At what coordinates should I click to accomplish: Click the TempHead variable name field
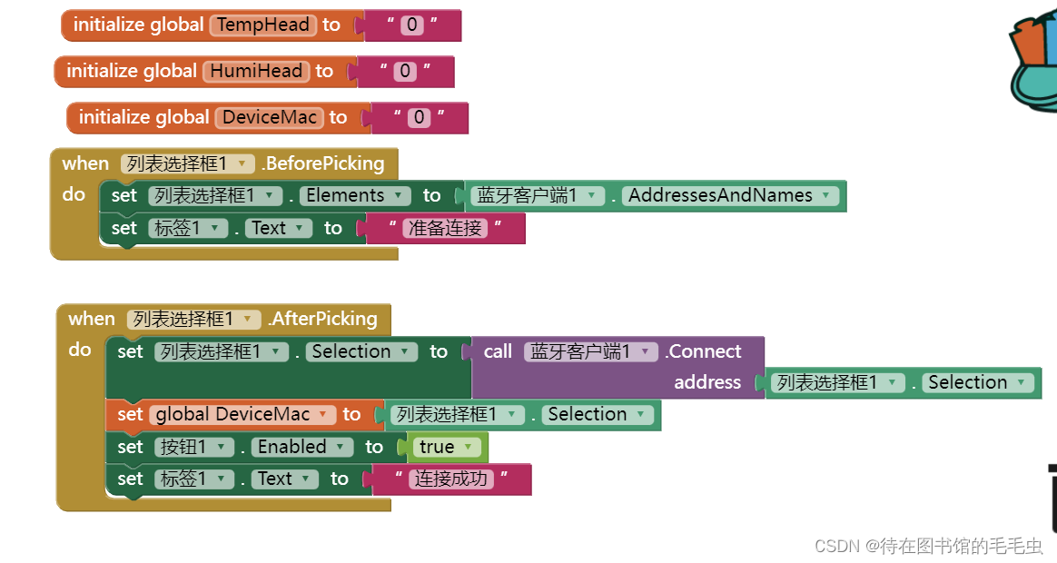(x=263, y=25)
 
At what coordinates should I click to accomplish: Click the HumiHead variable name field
(x=257, y=71)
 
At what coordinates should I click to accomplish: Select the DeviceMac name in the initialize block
(x=270, y=117)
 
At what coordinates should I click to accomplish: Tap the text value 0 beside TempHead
(x=413, y=25)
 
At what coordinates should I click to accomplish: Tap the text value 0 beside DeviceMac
(x=419, y=117)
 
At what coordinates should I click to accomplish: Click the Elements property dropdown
(x=344, y=195)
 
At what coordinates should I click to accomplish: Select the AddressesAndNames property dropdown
(x=730, y=195)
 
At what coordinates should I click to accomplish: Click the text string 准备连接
(x=445, y=228)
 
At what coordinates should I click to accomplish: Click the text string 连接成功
(x=451, y=479)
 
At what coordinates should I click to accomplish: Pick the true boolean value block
(x=444, y=447)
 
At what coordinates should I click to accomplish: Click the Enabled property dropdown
(x=302, y=447)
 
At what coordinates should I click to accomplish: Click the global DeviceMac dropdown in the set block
(x=242, y=414)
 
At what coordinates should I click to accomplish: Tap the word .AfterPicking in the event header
(x=322, y=319)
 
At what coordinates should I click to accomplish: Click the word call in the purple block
(x=498, y=351)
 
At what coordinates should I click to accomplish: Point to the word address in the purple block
(x=707, y=382)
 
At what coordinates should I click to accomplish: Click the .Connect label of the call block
(x=704, y=351)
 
